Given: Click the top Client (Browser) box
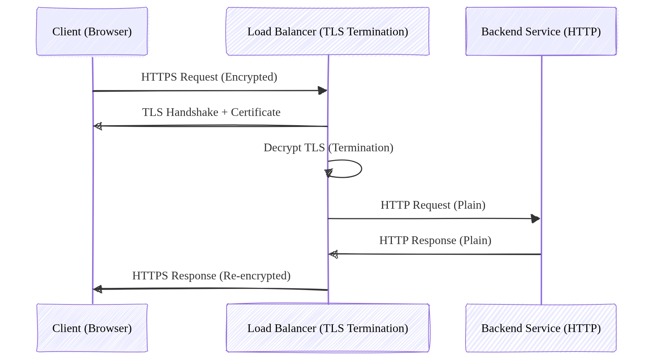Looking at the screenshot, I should pos(92,32).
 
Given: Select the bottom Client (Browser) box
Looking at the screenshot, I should pos(92,328).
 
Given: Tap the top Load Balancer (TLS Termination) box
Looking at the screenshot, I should pos(327,32).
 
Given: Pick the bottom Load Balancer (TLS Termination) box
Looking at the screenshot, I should pos(327,328).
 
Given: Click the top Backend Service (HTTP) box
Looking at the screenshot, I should pos(541,32).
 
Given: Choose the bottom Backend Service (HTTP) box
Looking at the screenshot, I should pos(541,328).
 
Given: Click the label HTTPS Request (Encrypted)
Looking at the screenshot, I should pos(209,77).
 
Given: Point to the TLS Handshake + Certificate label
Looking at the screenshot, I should pos(211,112).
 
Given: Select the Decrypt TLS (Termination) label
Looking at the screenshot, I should pos(328,148).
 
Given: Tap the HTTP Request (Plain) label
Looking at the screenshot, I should pos(433,205).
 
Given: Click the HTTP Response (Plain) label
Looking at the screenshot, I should pos(435,240).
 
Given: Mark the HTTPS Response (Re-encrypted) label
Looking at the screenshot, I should pos(211,276).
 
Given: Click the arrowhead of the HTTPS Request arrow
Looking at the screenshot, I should pos(323,91).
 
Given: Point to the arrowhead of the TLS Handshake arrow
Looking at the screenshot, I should pos(98,126).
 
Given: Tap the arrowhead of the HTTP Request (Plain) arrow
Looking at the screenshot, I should pos(536,219).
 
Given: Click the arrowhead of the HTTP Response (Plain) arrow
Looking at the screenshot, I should pos(334,254).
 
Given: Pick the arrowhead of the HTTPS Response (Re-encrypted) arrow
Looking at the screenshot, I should pos(98,289).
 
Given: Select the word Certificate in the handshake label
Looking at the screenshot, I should pos(256,112).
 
